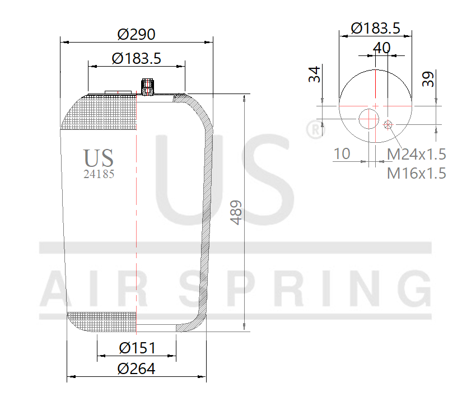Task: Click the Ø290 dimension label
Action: (136, 34)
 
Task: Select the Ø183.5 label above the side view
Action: (136, 58)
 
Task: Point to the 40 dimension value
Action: (381, 48)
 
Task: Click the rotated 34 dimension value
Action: (316, 74)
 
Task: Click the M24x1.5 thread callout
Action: (417, 154)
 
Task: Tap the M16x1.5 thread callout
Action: (417, 173)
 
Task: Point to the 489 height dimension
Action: (237, 212)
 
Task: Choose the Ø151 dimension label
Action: (137, 348)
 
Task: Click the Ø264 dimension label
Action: (136, 368)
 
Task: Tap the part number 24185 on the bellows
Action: (99, 174)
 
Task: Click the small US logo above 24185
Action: (99, 157)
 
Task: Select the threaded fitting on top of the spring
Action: (147, 87)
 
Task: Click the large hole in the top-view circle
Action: (368, 118)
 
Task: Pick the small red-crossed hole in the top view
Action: (388, 124)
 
